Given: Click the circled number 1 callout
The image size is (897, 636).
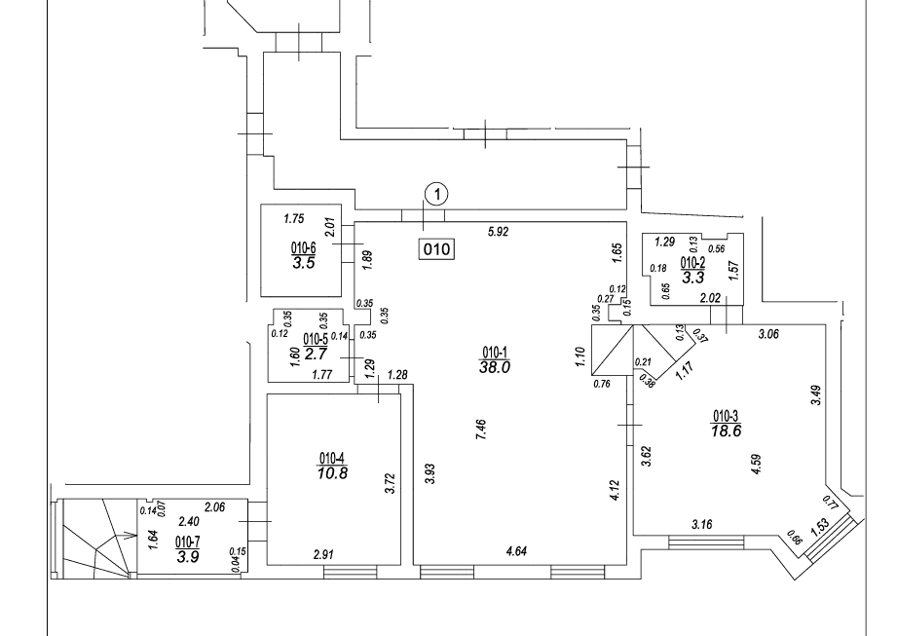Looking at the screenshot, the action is [438, 194].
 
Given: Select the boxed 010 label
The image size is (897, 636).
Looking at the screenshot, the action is [435, 249].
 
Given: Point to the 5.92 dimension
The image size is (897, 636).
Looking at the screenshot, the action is [501, 232].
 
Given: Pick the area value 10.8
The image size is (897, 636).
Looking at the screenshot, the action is [332, 473].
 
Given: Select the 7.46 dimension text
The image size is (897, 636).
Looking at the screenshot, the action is [482, 430].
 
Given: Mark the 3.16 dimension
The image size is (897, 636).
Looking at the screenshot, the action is [703, 526].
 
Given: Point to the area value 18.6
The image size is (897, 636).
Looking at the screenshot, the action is [728, 430].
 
